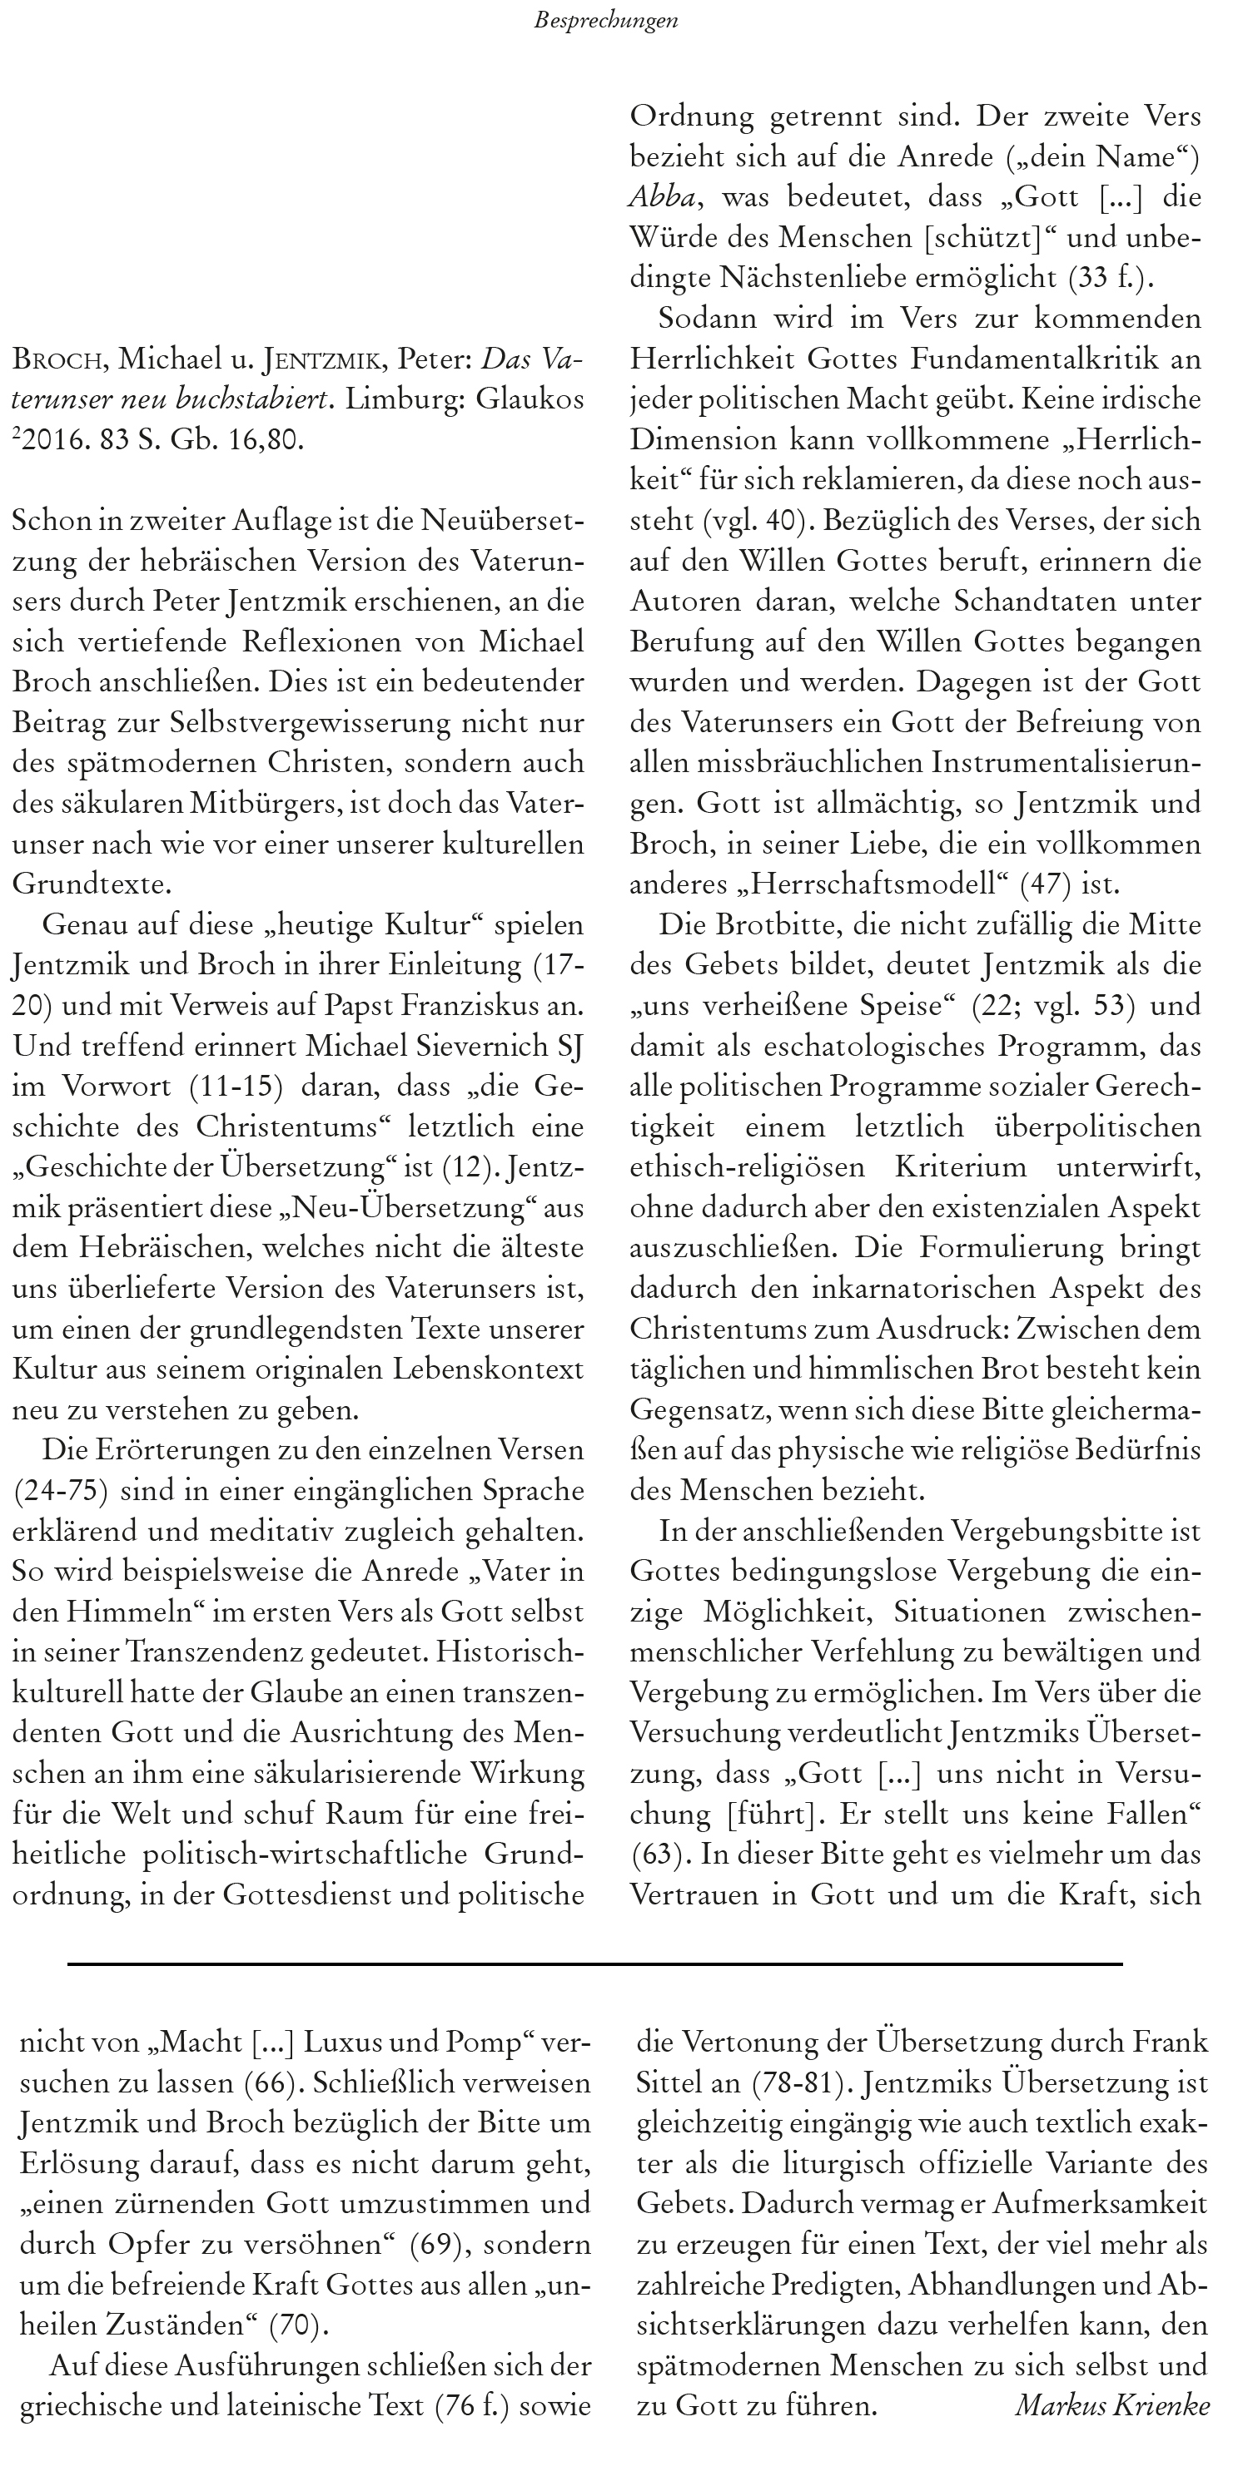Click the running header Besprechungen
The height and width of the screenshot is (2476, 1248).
(606, 21)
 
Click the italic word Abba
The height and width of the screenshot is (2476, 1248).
(662, 197)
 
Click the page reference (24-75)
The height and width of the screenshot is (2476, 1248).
(60, 1491)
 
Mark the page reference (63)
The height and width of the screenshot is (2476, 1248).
(650, 1855)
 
